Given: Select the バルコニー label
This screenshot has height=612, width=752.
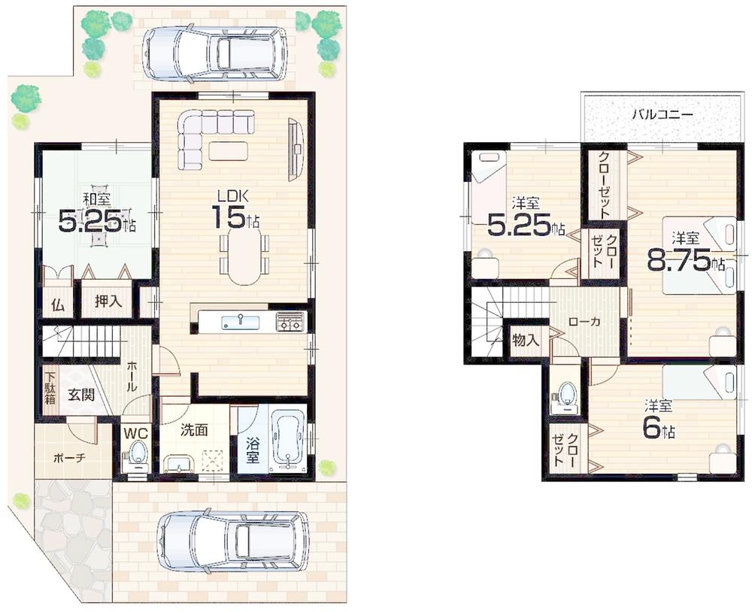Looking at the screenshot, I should point(662,116).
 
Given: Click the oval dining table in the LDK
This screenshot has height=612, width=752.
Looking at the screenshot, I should point(244,256).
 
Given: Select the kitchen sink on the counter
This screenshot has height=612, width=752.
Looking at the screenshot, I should point(241,322).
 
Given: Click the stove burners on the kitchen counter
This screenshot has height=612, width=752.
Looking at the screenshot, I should point(289,321).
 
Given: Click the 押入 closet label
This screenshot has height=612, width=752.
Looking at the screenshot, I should point(106,302).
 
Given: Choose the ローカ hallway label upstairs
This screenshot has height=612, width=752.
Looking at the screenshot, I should point(584,321).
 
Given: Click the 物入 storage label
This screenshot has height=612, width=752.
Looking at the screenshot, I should point(526,340).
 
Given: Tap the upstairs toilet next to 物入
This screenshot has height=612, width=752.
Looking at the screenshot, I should point(566,395).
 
